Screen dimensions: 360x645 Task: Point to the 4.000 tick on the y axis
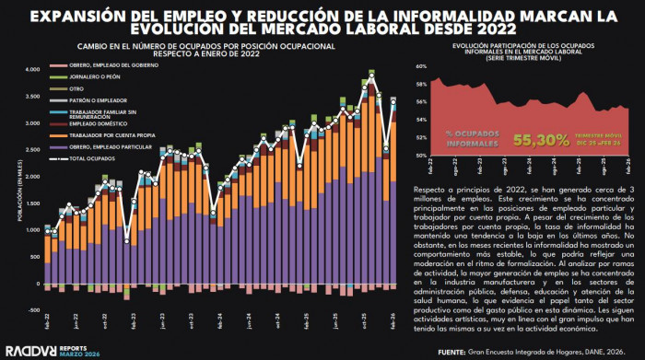[x=32, y=69]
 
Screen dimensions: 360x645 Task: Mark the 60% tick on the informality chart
[x=418, y=66]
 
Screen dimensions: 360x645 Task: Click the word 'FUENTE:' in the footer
[x=454, y=351]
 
